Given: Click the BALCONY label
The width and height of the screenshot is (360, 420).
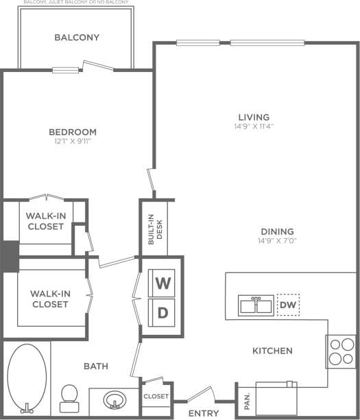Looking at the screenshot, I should click(77, 38).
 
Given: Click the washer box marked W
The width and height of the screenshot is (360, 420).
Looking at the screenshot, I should click(163, 283).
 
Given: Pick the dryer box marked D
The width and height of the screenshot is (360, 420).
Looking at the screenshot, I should click(163, 313).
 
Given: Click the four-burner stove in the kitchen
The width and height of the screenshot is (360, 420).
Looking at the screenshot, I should click(339, 352).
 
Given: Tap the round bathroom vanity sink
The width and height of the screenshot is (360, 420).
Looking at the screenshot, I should click(112, 399).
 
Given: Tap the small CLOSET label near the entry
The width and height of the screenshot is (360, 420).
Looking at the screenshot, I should click(155, 396).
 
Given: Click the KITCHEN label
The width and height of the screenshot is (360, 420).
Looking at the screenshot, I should click(272, 351).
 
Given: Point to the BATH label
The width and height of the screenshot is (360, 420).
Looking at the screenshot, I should click(95, 366).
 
